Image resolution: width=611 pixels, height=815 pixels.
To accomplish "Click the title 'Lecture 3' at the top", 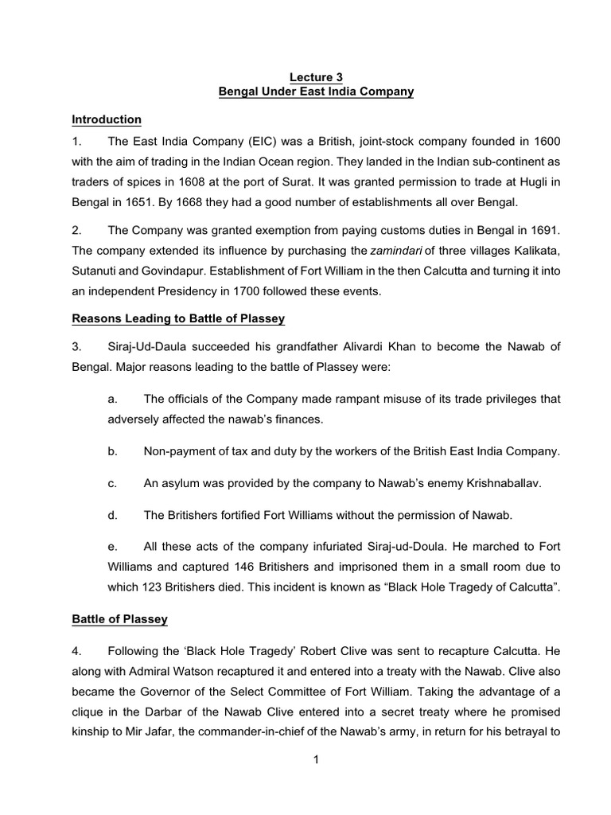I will [x=316, y=77].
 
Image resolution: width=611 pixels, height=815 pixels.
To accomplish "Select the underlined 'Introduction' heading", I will [x=107, y=119].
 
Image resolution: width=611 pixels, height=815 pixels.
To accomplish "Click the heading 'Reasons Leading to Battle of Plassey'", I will [x=178, y=319].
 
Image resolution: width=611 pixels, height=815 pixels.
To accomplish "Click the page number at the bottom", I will [x=316, y=759].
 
